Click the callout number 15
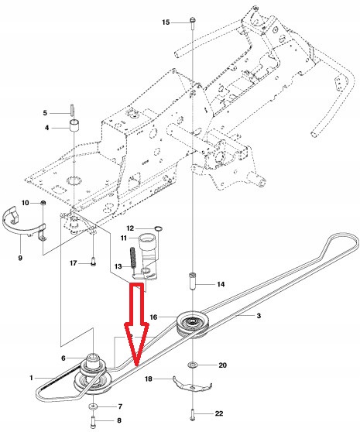point(166,23)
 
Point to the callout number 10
point(25,203)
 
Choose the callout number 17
point(74,263)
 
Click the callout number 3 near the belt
point(259,316)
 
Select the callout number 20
point(222,365)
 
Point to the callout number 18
point(151,379)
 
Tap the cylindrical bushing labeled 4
point(76,126)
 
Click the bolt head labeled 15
point(190,23)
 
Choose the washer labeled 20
point(191,365)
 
